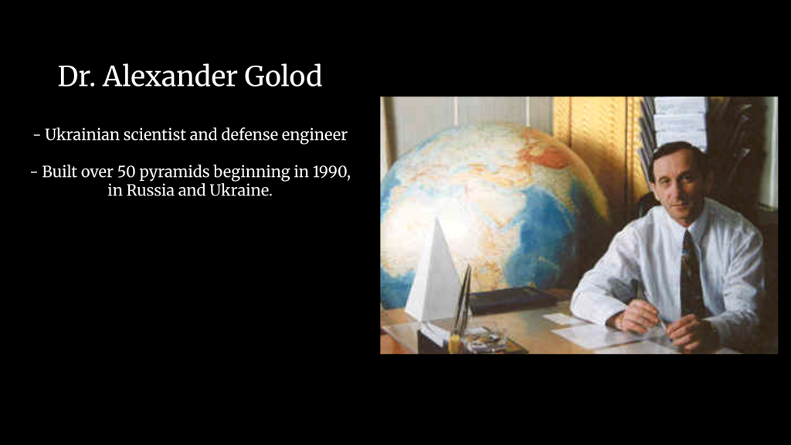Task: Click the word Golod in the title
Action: coord(283,76)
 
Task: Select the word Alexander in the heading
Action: coord(170,76)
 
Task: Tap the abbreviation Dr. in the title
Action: coord(76,76)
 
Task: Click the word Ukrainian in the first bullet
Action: coord(82,134)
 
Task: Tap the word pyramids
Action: coord(171,172)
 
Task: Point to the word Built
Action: coord(59,172)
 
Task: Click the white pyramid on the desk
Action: coord(433,275)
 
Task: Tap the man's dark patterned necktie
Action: coord(691,275)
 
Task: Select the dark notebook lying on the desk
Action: coord(513,300)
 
